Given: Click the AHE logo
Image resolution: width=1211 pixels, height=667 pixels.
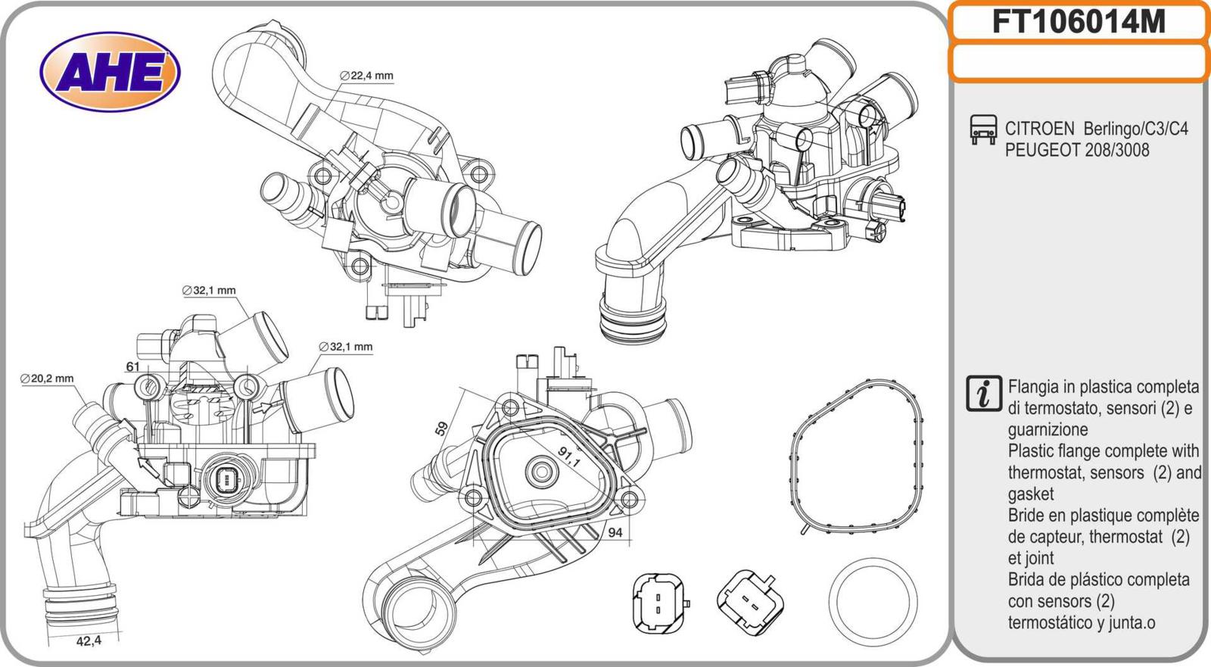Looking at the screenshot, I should (x=111, y=73).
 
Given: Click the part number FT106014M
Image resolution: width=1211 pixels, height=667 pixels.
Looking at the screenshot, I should (x=1078, y=23).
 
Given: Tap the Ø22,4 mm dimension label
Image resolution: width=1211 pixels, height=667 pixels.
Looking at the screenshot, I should (x=367, y=76).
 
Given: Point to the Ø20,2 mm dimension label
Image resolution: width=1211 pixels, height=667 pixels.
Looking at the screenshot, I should (x=47, y=379).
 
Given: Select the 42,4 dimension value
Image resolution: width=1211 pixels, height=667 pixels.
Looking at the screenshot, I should (x=89, y=641).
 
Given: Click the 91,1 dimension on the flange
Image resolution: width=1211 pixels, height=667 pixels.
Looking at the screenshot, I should (x=568, y=457).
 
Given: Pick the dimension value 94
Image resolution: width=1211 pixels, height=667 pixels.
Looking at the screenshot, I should (x=615, y=532).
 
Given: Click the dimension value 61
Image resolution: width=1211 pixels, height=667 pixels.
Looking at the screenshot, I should (x=133, y=366).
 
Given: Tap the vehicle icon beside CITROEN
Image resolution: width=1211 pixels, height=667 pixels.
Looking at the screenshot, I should (x=983, y=130).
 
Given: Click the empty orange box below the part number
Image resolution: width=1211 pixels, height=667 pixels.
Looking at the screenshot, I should (x=1078, y=61).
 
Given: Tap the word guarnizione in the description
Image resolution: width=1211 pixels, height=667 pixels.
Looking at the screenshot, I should (x=1048, y=429).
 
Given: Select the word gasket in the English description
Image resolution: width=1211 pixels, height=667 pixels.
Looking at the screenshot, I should (x=1030, y=494).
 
